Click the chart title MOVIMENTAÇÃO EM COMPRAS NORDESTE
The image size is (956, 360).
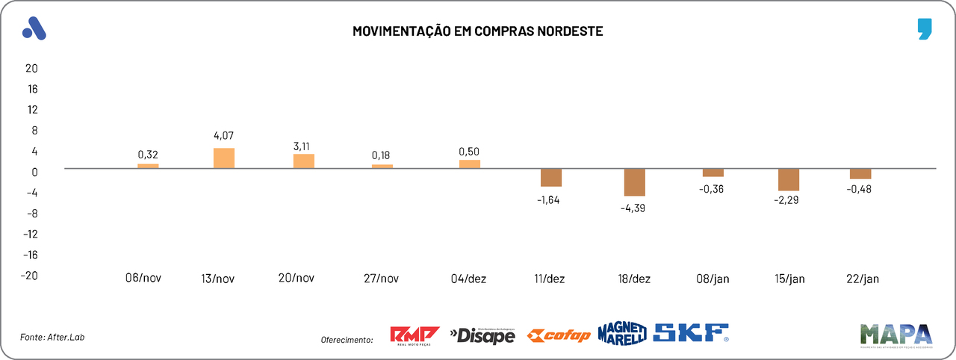tap(477, 31)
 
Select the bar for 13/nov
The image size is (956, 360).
tap(224, 158)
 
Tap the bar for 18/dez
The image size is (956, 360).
tap(635, 182)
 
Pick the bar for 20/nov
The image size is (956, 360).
tap(304, 161)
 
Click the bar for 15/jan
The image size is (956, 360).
tap(789, 180)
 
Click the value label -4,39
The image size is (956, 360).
tap(633, 208)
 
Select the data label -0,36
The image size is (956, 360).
tap(712, 189)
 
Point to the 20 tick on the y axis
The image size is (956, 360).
tap(31, 68)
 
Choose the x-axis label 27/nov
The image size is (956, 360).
tap(381, 279)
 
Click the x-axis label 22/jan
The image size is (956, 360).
tap(863, 279)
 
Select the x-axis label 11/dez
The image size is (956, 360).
tap(548, 279)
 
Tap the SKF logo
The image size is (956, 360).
tap(691, 333)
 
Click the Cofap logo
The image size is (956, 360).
tap(559, 335)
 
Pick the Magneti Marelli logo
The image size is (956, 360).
tap(621, 333)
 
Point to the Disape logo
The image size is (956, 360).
tap(482, 336)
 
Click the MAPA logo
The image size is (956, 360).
tap(896, 334)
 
